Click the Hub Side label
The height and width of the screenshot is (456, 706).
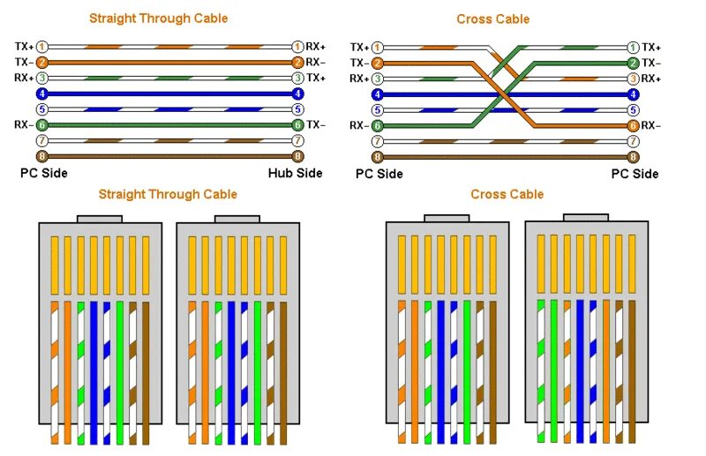295,173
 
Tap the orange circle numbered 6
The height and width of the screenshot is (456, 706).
633,125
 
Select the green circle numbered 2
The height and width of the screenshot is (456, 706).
633,63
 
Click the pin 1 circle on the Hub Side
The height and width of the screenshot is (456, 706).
298,46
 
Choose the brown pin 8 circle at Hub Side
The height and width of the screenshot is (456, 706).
298,156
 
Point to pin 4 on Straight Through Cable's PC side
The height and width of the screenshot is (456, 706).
41,93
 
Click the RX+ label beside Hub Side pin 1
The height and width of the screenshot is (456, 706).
316,46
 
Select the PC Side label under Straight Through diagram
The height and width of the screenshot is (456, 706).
44,173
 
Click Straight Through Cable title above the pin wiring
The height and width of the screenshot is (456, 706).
158,19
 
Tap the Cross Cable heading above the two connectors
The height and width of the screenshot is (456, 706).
507,194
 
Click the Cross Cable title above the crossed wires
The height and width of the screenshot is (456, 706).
493,19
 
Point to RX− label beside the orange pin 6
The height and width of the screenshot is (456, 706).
651,125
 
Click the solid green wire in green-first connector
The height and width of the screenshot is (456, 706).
554,370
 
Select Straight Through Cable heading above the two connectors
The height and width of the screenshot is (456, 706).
168,194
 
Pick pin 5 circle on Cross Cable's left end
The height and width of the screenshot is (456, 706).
378,110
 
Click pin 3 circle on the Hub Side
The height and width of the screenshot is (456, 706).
298,78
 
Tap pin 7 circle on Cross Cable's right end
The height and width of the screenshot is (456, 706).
633,141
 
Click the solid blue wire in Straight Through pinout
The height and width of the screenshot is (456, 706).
93,370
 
